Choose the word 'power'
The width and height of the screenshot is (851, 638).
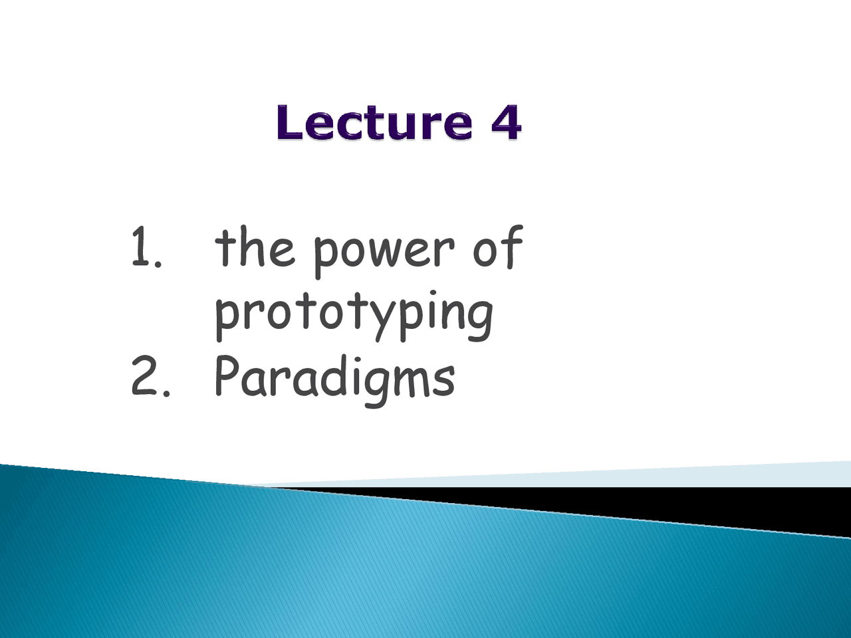click(383, 251)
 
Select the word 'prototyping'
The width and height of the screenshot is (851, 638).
click(354, 312)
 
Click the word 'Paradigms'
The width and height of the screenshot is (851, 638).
click(334, 377)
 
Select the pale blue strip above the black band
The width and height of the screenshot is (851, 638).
click(665, 477)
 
